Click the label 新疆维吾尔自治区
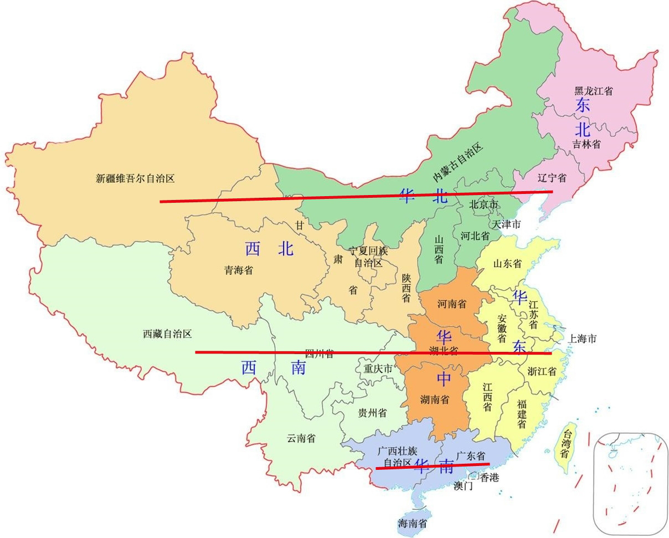(135, 178)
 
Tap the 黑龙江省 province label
(593, 91)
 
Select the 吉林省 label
(586, 144)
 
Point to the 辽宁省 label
(552, 178)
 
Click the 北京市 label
(483, 204)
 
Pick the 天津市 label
(506, 224)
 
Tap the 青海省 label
(239, 270)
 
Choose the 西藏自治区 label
(167, 334)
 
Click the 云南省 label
(301, 438)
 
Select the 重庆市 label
(378, 368)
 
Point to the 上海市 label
(581, 339)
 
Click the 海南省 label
(412, 522)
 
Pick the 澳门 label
(463, 486)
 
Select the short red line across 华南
(432, 466)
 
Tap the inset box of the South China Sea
(630, 483)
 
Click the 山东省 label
(507, 264)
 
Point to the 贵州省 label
(372, 413)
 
